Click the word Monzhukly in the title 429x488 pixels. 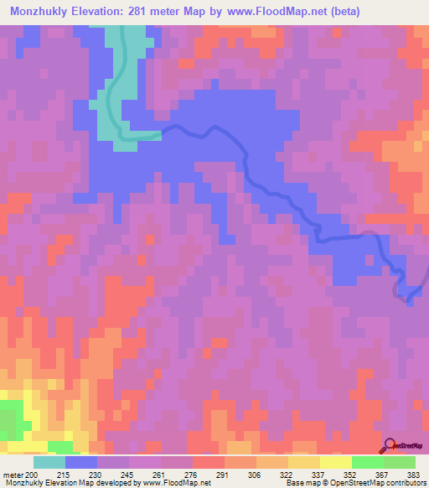(x=43, y=13)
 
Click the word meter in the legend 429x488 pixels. (x=13, y=474)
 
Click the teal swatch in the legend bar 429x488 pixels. (x=49, y=462)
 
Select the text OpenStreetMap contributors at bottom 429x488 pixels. (x=391, y=483)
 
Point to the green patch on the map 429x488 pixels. (x=10, y=417)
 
